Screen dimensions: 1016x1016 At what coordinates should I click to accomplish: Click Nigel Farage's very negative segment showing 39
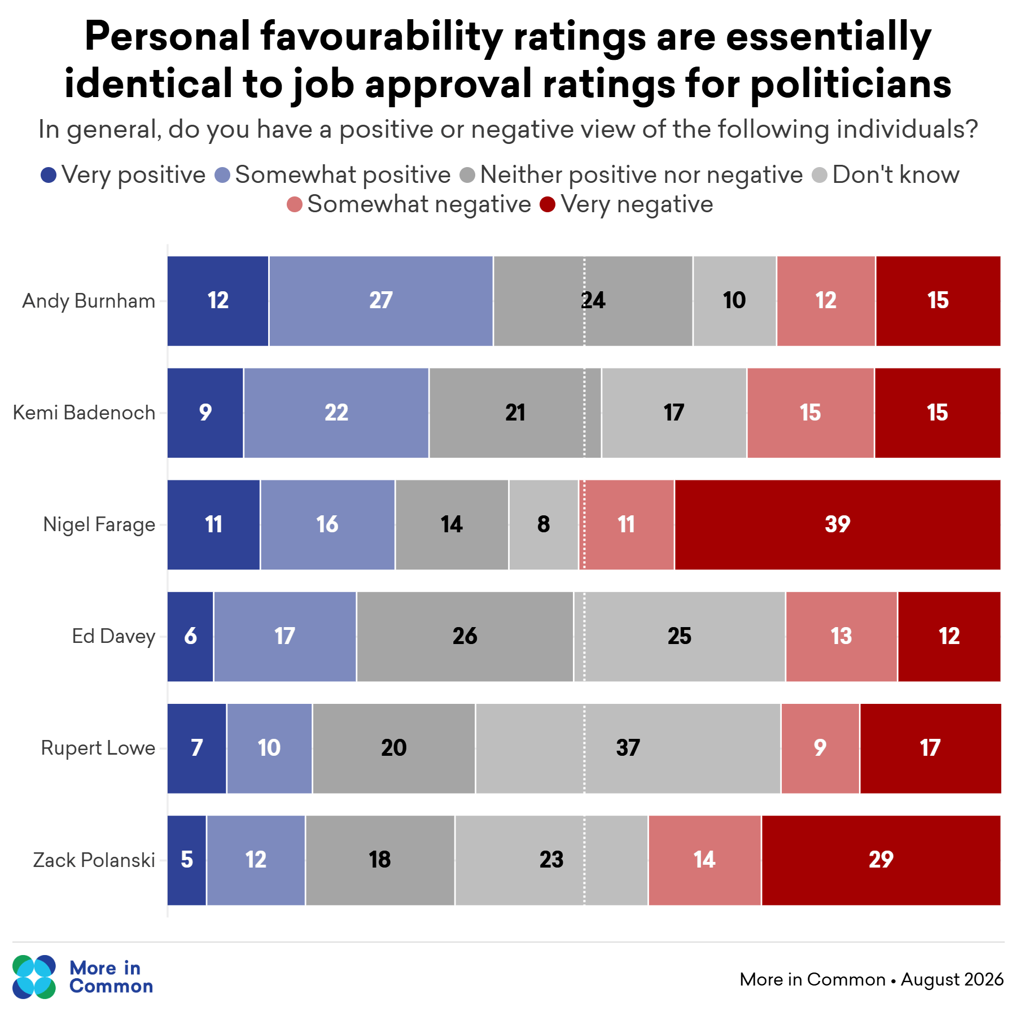(838, 525)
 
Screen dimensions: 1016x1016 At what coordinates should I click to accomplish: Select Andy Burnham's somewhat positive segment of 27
(381, 301)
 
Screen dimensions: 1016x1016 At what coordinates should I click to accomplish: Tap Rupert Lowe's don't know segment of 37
(628, 748)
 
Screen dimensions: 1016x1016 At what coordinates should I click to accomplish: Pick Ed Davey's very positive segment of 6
(190, 637)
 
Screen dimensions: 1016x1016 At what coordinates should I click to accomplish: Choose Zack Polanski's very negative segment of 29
(881, 860)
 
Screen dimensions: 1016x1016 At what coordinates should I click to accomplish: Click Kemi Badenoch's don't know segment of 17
(674, 413)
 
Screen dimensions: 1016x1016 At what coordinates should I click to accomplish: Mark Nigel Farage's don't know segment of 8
(544, 525)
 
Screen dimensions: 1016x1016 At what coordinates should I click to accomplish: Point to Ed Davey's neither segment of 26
(465, 637)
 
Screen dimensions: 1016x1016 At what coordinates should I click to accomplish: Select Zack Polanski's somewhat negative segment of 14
(704, 860)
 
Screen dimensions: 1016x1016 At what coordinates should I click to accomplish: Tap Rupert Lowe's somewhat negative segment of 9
(820, 748)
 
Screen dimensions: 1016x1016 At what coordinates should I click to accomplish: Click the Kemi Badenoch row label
(84, 413)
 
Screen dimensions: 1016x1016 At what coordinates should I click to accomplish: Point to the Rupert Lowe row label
(98, 748)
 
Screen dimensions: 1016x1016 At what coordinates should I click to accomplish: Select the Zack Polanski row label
(94, 860)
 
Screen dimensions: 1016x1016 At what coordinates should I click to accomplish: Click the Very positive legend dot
(49, 175)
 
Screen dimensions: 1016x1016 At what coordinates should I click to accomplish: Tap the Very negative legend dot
(548, 204)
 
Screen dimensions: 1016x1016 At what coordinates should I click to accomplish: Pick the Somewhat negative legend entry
(409, 204)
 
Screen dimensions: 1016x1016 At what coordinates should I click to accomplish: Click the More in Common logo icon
(34, 977)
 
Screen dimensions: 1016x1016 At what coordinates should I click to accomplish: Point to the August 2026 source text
(952, 980)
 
